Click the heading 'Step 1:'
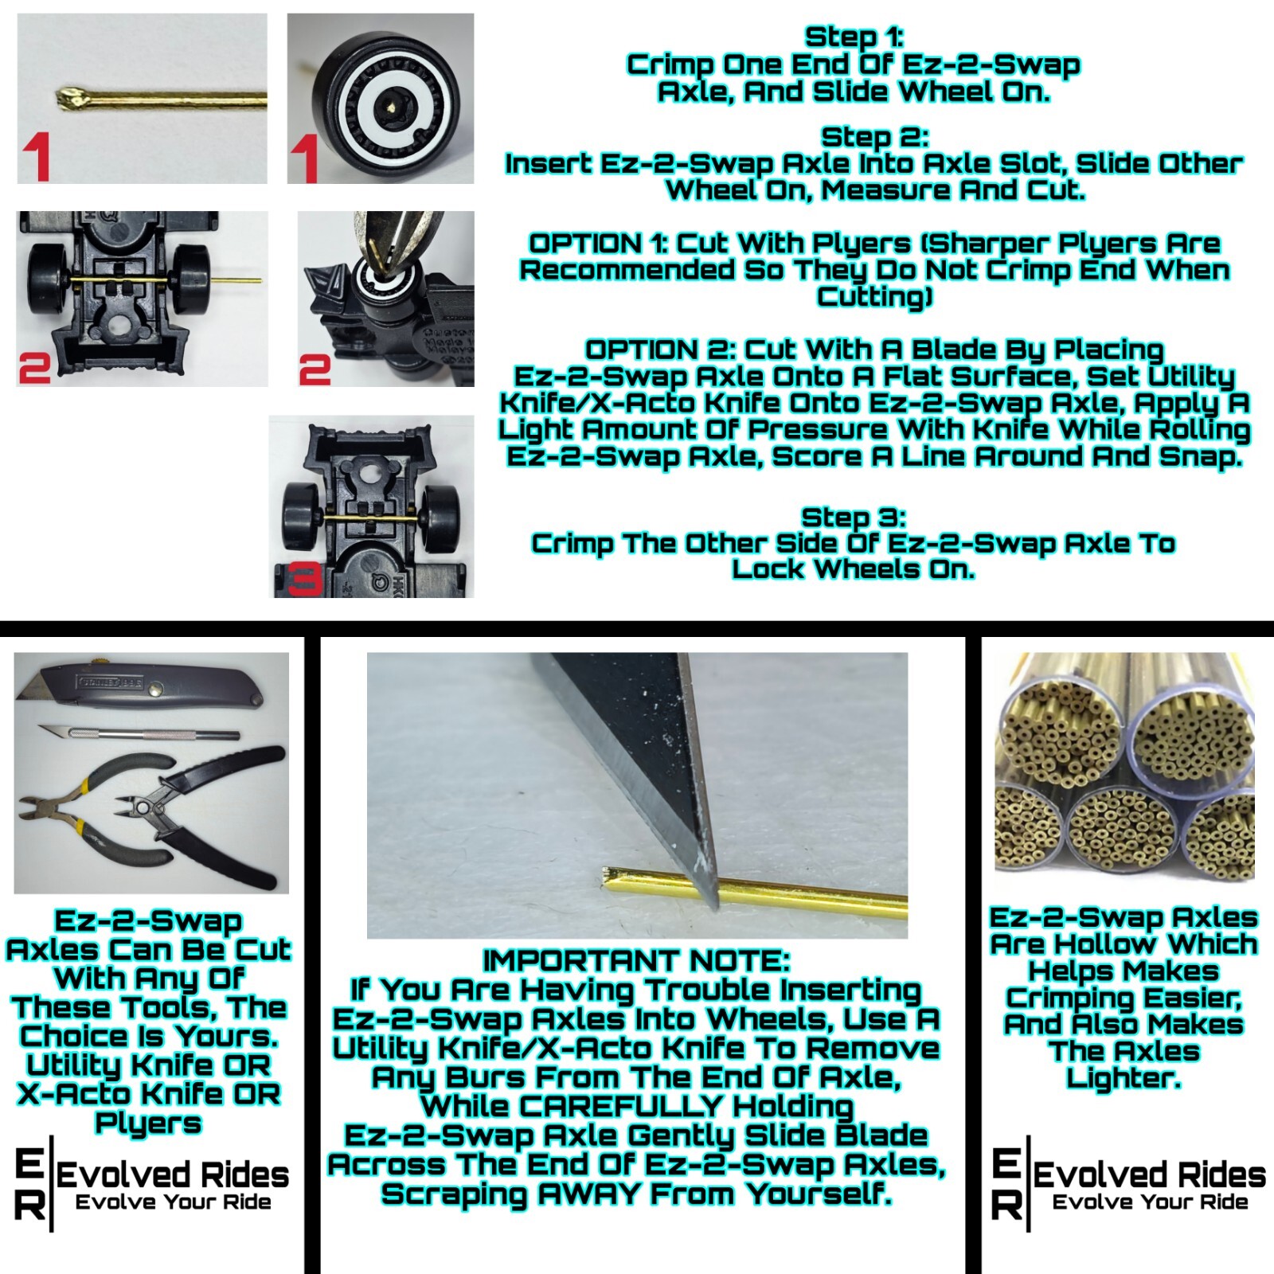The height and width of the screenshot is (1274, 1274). (854, 37)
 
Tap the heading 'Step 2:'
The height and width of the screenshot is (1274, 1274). (874, 137)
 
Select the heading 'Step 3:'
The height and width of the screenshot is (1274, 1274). (854, 517)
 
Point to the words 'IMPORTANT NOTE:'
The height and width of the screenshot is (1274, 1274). (636, 961)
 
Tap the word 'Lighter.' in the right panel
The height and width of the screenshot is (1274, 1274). (1123, 1079)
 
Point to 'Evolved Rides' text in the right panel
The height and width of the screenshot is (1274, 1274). (1149, 1174)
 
